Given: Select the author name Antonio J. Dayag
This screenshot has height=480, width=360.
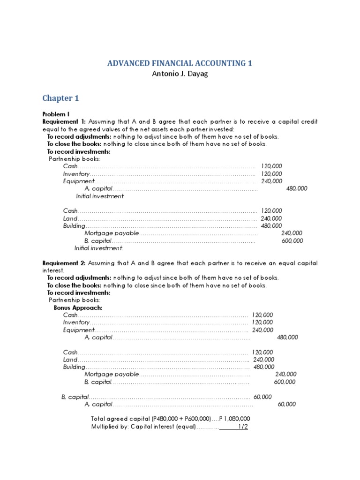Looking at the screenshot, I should pyautogui.click(x=180, y=74).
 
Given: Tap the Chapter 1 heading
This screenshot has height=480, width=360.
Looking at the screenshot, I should pyautogui.click(x=60, y=98).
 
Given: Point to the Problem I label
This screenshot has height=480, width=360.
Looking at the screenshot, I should pyautogui.click(x=55, y=114).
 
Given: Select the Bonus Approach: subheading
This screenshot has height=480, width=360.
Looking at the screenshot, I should pyautogui.click(x=78, y=307).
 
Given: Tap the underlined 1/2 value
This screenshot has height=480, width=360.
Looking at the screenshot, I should pyautogui.click(x=242, y=427).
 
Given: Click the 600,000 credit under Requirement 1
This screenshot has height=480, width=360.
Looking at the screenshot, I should pyautogui.click(x=292, y=240).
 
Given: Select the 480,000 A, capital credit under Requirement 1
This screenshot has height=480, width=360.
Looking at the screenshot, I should pyautogui.click(x=296, y=188).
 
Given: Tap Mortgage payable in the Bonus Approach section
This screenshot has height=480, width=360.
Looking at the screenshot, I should pyautogui.click(x=112, y=374).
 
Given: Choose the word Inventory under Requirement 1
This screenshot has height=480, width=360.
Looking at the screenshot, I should pyautogui.click(x=76, y=173).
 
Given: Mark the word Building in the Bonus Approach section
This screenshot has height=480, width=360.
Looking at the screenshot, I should pyautogui.click(x=74, y=367).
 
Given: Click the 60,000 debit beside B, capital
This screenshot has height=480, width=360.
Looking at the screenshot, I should pyautogui.click(x=262, y=397).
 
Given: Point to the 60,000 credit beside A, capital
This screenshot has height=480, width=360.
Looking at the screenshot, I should pyautogui.click(x=286, y=404).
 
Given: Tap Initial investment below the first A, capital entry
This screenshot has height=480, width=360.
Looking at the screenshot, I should pyautogui.click(x=100, y=196).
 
